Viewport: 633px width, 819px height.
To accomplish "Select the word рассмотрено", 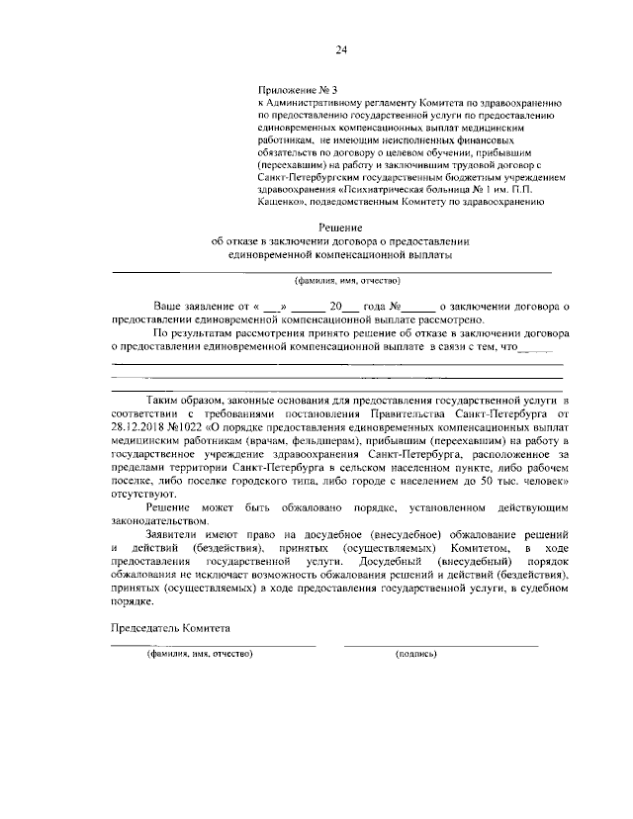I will click(x=451, y=320).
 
